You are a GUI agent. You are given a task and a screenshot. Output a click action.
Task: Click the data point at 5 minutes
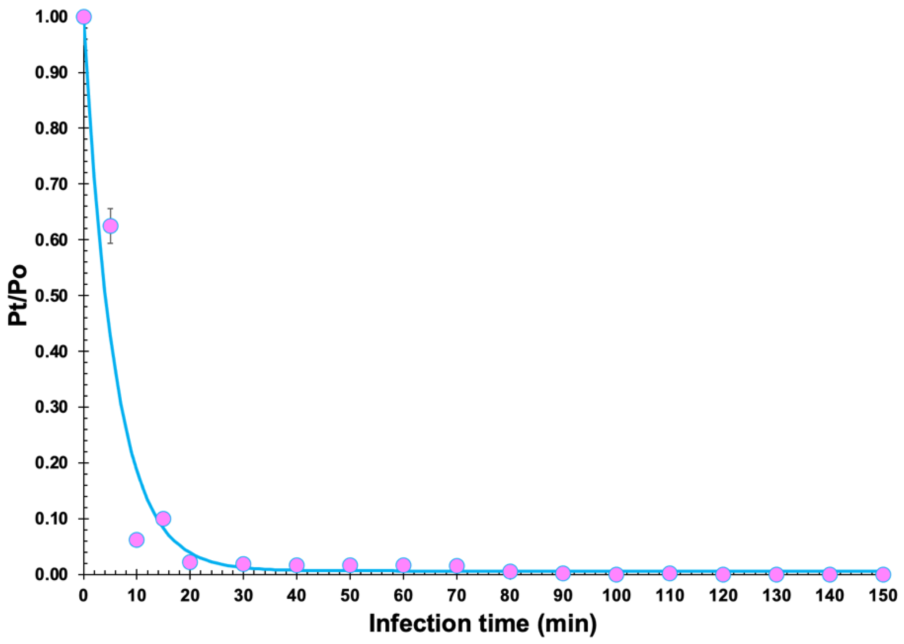pos(110,226)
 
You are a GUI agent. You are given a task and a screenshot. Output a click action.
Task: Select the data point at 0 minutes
pos(84,17)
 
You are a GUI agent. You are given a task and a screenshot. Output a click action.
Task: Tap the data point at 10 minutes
pos(136,540)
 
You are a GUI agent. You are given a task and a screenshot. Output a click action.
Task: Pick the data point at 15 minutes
pos(163,519)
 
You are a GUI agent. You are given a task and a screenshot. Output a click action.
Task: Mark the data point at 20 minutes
pos(190,562)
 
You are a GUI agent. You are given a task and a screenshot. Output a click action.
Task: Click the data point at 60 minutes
pos(403,565)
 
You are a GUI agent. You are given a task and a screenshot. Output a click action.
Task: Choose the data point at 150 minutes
pos(883,574)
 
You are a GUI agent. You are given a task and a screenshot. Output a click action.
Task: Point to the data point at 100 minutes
pos(616,574)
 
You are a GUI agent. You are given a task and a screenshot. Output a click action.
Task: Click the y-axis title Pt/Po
pos(18,295)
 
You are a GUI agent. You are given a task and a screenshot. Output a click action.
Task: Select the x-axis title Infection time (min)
pos(483,624)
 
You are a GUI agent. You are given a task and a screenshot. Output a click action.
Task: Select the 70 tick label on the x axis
pos(456,595)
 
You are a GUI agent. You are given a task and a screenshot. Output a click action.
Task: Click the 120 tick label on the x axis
pos(723,595)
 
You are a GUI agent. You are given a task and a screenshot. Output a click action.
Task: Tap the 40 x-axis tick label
pos(297,595)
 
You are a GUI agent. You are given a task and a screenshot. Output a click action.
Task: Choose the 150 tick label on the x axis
pos(882,595)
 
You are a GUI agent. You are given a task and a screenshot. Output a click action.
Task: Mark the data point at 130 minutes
pos(776,574)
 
